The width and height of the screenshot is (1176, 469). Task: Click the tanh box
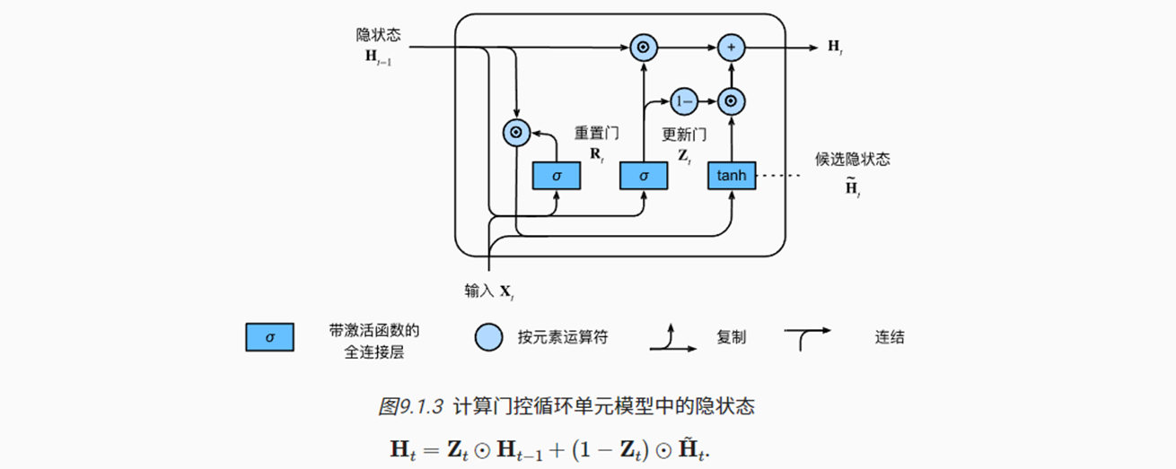click(733, 176)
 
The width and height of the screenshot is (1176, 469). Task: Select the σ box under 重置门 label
click(557, 176)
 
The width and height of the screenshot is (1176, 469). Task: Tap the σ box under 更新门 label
click(644, 176)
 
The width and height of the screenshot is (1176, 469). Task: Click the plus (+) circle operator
click(733, 47)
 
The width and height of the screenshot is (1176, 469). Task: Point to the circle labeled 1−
click(684, 102)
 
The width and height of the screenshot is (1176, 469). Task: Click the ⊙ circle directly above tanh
click(733, 102)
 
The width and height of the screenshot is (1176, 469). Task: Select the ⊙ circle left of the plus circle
click(644, 47)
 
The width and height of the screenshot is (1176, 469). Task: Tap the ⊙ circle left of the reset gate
click(515, 133)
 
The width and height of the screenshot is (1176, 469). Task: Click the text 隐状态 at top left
click(378, 34)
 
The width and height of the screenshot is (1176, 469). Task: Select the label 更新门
click(684, 135)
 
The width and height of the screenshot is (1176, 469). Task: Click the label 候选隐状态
click(853, 160)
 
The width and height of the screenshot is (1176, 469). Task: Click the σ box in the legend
click(269, 337)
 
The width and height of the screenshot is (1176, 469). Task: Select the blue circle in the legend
click(488, 337)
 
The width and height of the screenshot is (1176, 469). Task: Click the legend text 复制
click(731, 337)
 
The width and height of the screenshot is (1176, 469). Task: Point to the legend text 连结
click(890, 337)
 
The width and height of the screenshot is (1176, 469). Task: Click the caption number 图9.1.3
click(411, 406)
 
